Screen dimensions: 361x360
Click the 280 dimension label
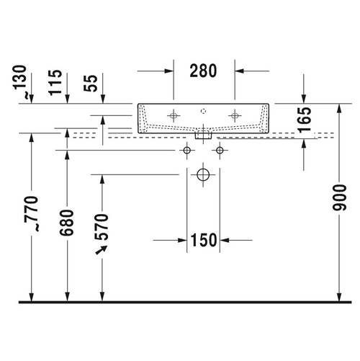pos(203,71)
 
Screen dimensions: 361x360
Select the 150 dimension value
pos(204,239)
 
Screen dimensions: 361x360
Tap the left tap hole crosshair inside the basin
pos(173,114)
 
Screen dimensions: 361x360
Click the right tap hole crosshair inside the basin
pos(235,114)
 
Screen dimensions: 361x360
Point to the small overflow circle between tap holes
pos(204,111)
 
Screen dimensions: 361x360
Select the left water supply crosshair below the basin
pos(187,150)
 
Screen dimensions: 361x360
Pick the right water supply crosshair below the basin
pos(220,150)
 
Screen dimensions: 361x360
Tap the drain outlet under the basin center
pos(204,133)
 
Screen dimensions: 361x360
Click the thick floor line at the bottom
pos(180,303)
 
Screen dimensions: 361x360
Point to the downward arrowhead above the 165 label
pos(304,98)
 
